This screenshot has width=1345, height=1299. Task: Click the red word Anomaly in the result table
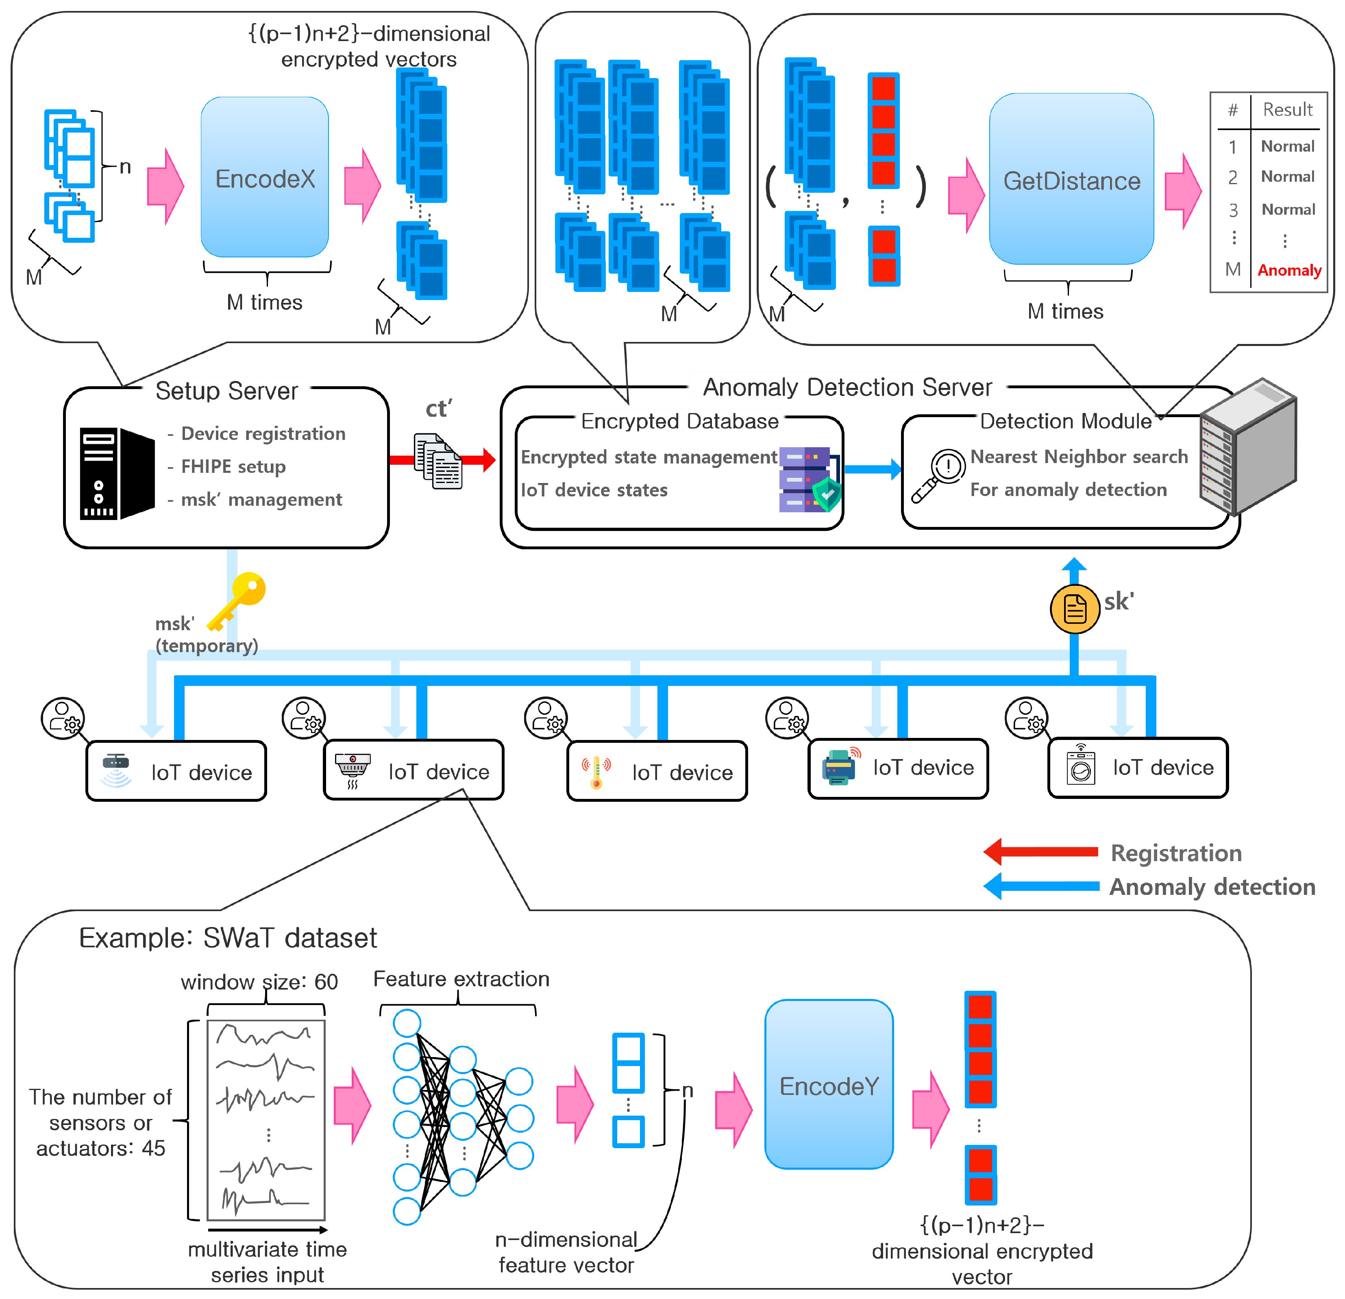(x=1289, y=270)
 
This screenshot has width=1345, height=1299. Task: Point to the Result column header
(x=1287, y=110)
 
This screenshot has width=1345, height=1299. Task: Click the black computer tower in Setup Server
(x=117, y=474)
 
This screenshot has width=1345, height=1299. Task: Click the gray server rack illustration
(x=1247, y=446)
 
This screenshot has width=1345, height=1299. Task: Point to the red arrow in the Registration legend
(x=1040, y=852)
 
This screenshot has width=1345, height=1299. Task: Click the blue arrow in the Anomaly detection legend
(x=1040, y=886)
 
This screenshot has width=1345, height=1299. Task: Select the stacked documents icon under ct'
(x=438, y=461)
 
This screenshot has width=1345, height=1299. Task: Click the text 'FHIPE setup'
(x=233, y=467)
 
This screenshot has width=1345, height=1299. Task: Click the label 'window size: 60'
(x=259, y=981)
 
